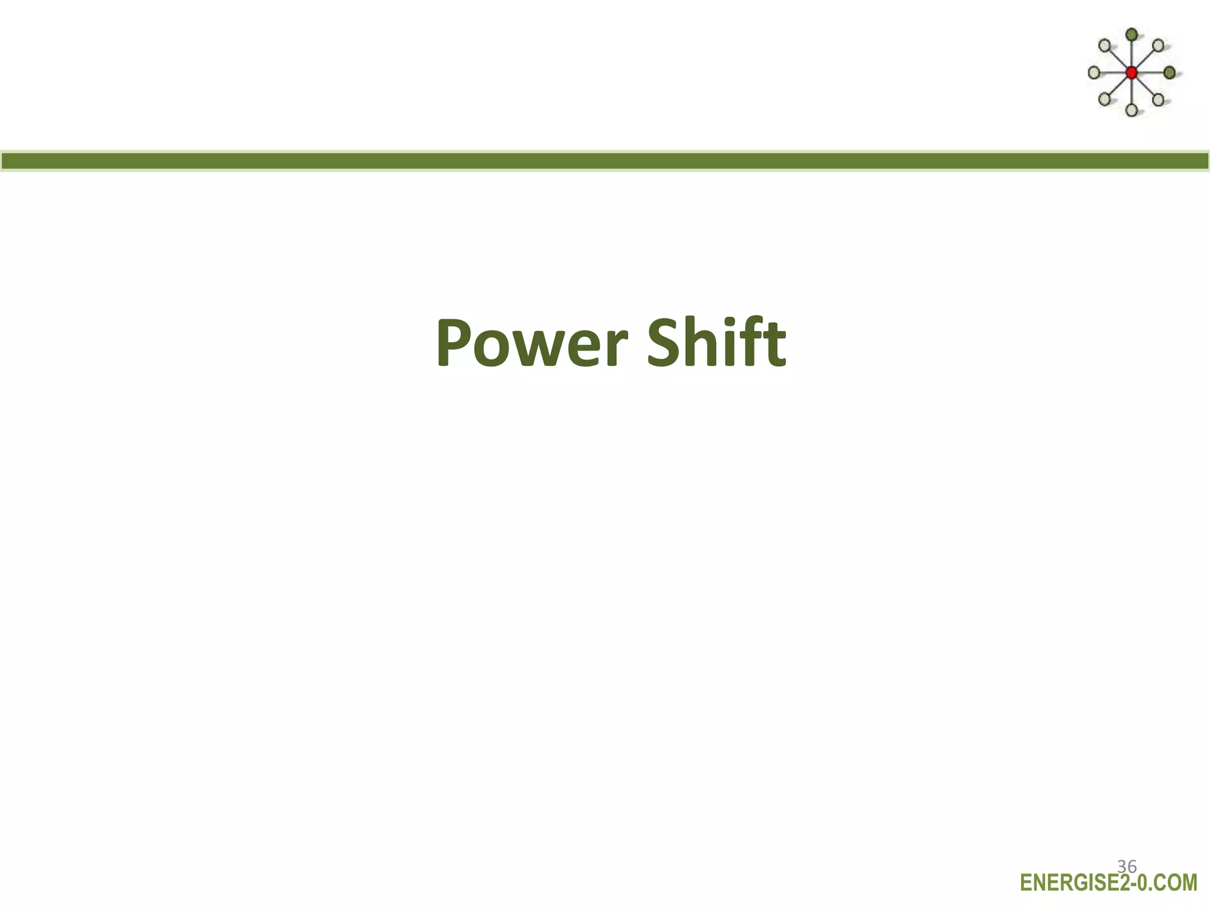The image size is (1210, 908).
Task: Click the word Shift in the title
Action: [716, 343]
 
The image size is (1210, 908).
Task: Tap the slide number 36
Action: [1127, 867]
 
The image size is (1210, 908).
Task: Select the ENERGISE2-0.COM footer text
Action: [1108, 883]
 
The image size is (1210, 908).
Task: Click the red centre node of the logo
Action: [1131, 73]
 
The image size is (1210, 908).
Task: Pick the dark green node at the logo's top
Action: [1131, 35]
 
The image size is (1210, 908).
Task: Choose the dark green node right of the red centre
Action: [1170, 73]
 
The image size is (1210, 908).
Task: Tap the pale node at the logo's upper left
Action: [1104, 46]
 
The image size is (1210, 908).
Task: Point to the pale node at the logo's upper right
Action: [1159, 46]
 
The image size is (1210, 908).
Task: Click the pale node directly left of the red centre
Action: [1094, 73]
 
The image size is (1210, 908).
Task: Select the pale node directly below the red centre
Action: [1131, 110]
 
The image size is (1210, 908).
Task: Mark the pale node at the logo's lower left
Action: [1104, 99]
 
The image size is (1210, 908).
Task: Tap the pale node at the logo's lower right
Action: [1158, 99]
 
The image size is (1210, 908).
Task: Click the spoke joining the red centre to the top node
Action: [1131, 54]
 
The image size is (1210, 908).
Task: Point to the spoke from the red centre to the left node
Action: [1113, 73]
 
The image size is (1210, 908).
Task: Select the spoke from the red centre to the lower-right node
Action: [1145, 86]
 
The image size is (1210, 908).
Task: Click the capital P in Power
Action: [456, 344]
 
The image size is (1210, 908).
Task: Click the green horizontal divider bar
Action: [605, 161]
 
